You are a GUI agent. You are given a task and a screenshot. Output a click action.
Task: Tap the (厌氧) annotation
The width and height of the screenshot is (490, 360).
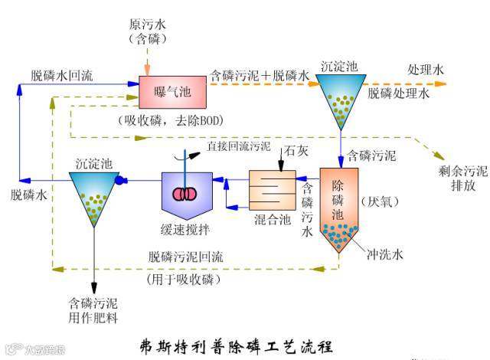[x=374, y=202]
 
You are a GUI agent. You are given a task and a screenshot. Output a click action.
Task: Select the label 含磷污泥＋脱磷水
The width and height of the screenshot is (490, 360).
[x=259, y=76]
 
